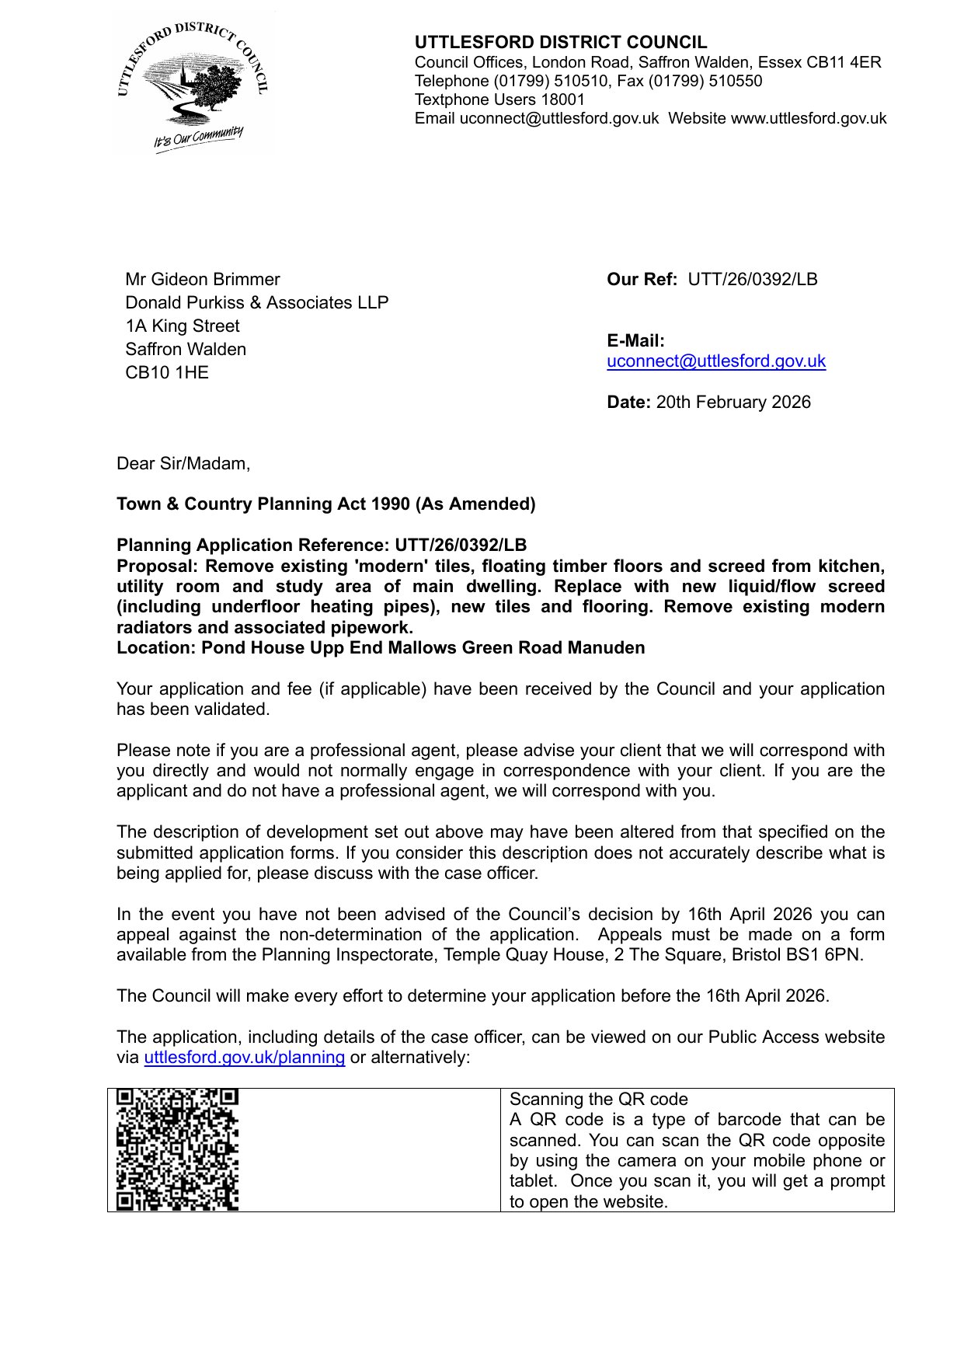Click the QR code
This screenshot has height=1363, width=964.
point(177,1149)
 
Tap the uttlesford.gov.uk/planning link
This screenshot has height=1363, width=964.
point(245,1058)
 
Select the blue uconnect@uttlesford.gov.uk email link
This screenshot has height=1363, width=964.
point(716,361)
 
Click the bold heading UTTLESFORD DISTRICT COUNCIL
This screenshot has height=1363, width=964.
point(561,43)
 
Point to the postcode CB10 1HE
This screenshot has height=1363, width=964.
point(167,373)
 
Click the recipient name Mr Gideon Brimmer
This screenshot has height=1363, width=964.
point(202,280)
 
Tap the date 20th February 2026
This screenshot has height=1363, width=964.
point(733,403)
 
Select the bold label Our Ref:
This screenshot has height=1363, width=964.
point(642,280)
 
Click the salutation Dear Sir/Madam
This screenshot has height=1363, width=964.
point(183,464)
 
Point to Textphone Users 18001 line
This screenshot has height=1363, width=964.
point(499,100)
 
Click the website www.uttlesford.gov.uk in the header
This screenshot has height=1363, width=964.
point(809,119)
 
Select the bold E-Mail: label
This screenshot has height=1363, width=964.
point(635,341)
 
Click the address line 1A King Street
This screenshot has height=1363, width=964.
point(183,326)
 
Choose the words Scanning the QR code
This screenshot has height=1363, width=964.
point(599,1100)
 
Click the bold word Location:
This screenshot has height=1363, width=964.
point(156,648)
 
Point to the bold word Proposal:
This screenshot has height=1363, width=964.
point(158,566)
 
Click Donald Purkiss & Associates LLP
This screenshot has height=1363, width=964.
point(257,303)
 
